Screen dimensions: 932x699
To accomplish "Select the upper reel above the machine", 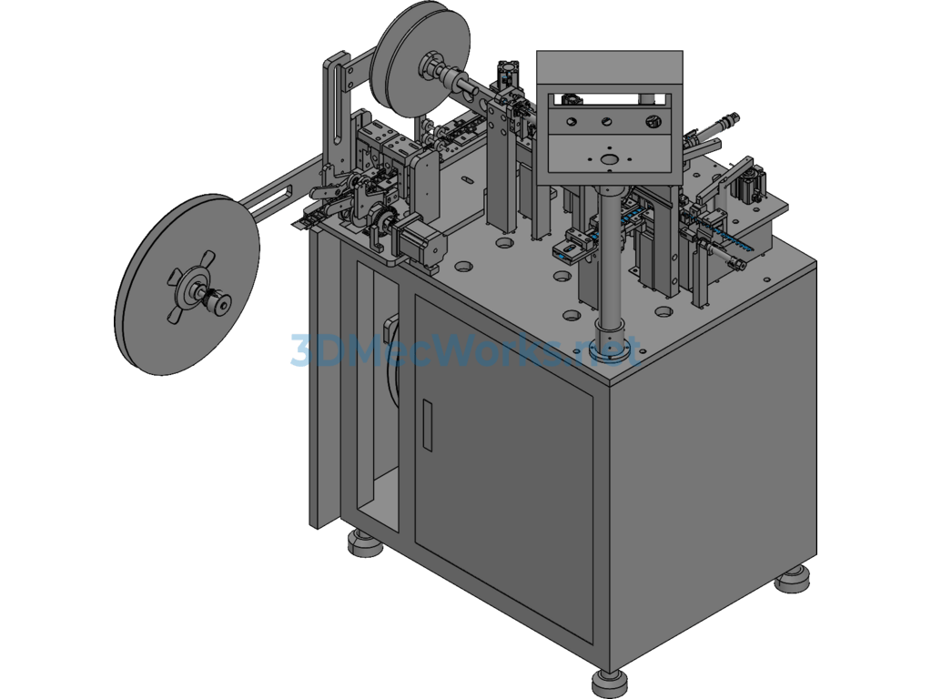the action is click(x=420, y=58).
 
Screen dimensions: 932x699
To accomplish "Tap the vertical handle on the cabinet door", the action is click(x=427, y=425).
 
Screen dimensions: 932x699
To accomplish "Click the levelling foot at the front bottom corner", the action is click(x=608, y=684).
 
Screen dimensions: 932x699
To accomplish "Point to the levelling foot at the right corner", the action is click(x=793, y=578).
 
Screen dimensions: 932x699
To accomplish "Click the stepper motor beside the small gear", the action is click(x=420, y=239).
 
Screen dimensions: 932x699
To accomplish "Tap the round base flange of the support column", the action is click(x=610, y=345).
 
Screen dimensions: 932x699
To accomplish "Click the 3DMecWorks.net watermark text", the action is click(x=466, y=350).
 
